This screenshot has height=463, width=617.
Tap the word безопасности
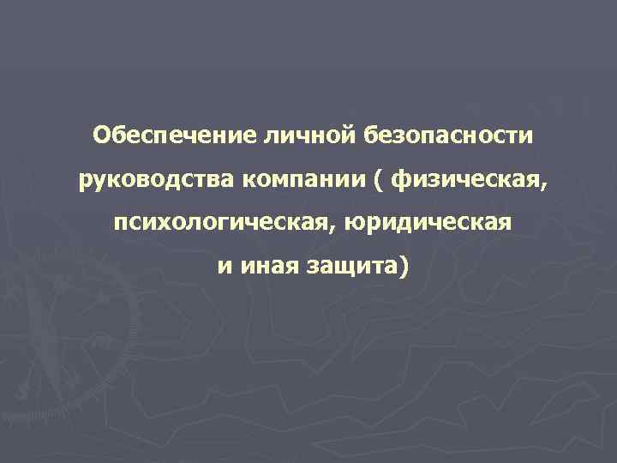tap(450, 135)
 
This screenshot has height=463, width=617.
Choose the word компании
tap(309, 180)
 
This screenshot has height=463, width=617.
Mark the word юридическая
tap(428, 225)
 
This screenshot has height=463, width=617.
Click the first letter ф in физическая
tap(401, 181)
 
